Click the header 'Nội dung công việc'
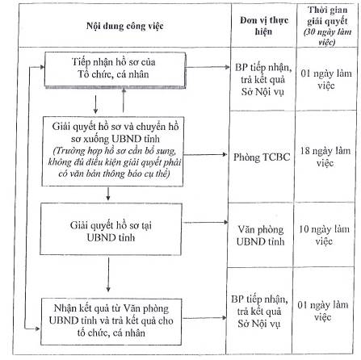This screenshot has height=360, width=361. pyautogui.click(x=125, y=26)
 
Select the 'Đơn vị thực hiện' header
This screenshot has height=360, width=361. pyautogui.click(x=264, y=26)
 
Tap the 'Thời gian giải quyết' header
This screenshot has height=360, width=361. pyautogui.click(x=327, y=15)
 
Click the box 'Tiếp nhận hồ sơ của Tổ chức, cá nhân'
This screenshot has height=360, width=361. pyautogui.click(x=115, y=69)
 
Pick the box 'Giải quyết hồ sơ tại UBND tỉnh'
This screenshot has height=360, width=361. pyautogui.click(x=111, y=229)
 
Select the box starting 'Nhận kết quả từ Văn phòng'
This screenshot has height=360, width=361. pyautogui.click(x=111, y=321)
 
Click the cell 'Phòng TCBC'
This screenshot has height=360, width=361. pyautogui.click(x=262, y=157)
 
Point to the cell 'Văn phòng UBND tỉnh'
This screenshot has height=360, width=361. pyautogui.click(x=260, y=236)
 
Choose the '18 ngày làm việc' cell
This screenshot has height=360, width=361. pyautogui.click(x=325, y=157)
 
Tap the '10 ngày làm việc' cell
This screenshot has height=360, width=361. pyautogui.click(x=324, y=235)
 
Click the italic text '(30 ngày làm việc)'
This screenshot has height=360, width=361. pyautogui.click(x=327, y=37)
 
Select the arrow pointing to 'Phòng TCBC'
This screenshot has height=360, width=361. pyautogui.click(x=205, y=154)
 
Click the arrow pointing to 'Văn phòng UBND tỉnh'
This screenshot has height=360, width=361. pyautogui.click(x=205, y=222)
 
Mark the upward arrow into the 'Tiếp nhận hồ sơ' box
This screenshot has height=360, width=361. pyautogui.click(x=124, y=100)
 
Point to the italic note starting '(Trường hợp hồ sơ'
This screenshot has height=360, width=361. pyautogui.click(x=115, y=162)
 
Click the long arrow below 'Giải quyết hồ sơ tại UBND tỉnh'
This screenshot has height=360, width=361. pyautogui.click(x=108, y=274)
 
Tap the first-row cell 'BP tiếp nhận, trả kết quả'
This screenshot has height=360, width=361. pyautogui.click(x=263, y=79)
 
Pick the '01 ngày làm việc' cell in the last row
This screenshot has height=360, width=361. pyautogui.click(x=323, y=311)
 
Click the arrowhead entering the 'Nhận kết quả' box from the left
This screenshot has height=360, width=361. pyautogui.click(x=37, y=329)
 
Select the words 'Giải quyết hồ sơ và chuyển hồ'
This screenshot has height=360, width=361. pyautogui.click(x=115, y=127)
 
